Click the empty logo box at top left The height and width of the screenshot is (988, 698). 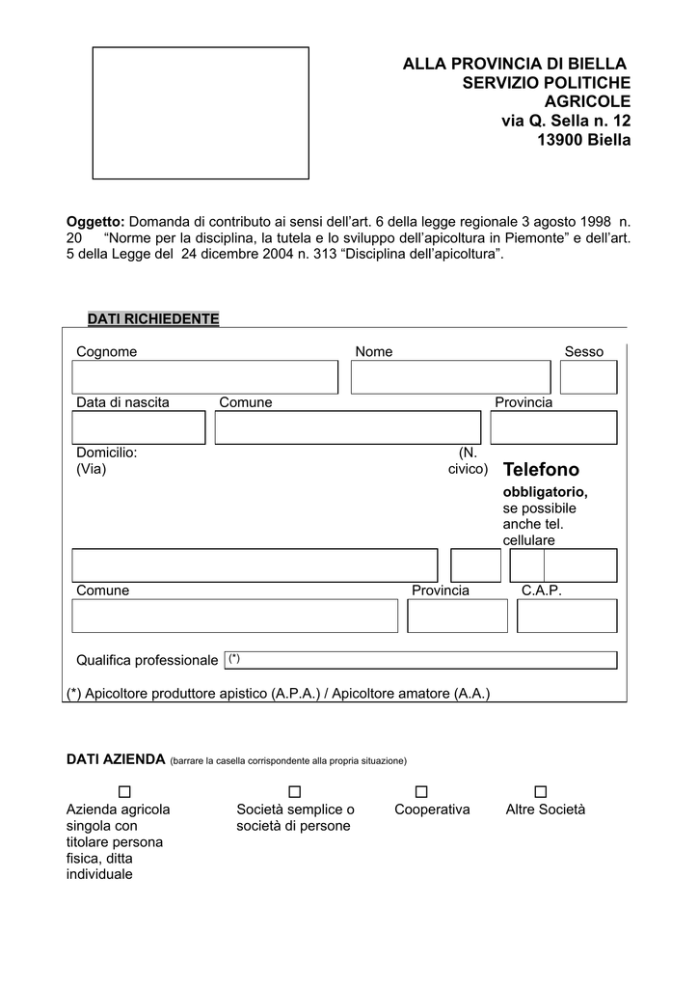[x=201, y=113]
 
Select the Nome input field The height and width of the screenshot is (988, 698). [x=450, y=377]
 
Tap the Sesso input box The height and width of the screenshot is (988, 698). [x=588, y=377]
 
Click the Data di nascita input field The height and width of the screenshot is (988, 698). [x=138, y=427]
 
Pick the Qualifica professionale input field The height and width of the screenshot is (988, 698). [x=420, y=660]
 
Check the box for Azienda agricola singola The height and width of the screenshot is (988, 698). [x=124, y=792]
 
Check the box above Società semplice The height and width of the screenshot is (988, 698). [x=295, y=792]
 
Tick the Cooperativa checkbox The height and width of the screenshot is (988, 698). [x=421, y=792]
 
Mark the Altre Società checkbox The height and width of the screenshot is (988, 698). [x=540, y=792]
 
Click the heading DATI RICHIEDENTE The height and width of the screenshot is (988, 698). [x=153, y=318]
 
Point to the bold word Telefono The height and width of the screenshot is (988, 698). [x=541, y=470]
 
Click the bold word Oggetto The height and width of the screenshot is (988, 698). [x=94, y=221]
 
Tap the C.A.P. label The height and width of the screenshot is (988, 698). [x=541, y=590]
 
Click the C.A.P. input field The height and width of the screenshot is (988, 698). [x=567, y=616]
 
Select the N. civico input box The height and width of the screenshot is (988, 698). [x=475, y=565]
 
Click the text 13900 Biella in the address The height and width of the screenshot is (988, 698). [x=583, y=140]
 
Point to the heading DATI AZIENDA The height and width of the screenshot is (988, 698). [x=116, y=759]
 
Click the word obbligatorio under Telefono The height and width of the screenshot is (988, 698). [x=545, y=492]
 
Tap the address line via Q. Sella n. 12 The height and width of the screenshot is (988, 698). [x=566, y=121]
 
